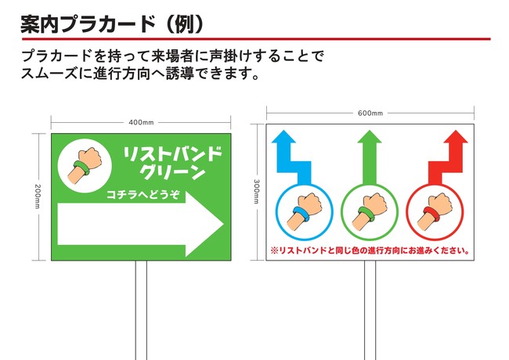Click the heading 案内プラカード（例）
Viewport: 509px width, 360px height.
(112, 24)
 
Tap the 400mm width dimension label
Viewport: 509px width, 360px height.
(141, 123)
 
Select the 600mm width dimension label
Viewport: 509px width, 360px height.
(370, 113)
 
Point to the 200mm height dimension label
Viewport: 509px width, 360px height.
(38, 196)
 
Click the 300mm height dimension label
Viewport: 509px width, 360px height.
(256, 192)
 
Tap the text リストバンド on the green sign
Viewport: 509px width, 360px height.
(172, 154)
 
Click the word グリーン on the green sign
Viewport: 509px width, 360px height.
(174, 172)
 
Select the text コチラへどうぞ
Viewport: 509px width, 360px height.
(143, 195)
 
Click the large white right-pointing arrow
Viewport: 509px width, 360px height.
(140, 224)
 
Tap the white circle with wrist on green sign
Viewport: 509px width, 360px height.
(85, 166)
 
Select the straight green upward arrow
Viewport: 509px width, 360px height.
(370, 158)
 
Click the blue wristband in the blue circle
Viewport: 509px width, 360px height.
(301, 214)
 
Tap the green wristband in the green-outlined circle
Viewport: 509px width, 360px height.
(366, 214)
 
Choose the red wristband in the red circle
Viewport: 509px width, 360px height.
(431, 214)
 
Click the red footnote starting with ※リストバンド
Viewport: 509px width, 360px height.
(370, 250)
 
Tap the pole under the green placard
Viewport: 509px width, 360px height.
(141, 310)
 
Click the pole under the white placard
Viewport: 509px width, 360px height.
(370, 310)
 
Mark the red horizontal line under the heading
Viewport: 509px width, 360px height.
(256, 39)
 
